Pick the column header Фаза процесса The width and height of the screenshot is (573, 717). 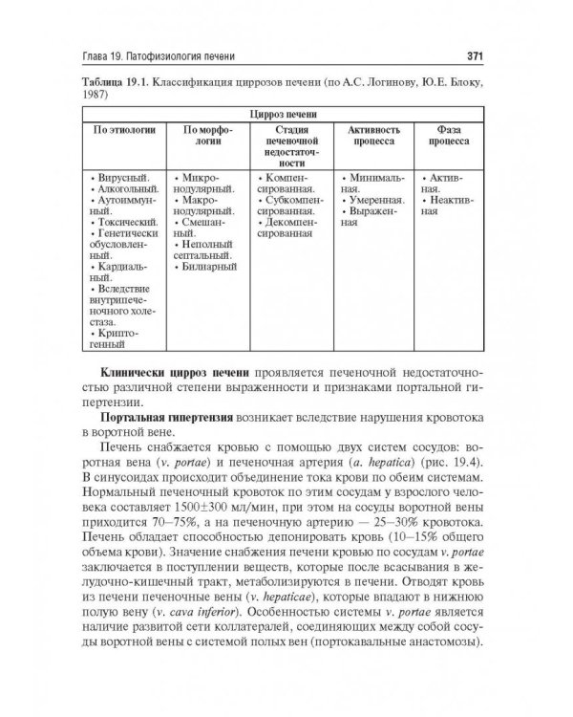[x=452, y=134]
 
